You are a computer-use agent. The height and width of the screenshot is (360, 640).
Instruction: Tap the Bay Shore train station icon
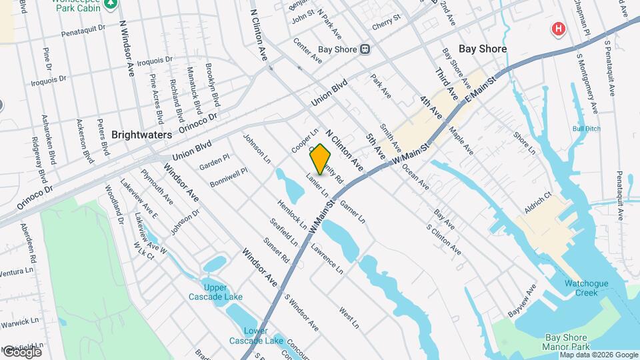(x=365, y=49)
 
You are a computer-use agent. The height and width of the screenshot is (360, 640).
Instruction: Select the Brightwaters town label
(x=142, y=134)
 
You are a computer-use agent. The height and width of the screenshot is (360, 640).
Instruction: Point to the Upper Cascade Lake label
(x=215, y=292)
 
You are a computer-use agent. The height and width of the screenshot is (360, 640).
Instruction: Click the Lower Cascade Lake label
(x=247, y=336)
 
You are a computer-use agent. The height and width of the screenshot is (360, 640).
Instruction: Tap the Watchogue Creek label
(x=587, y=288)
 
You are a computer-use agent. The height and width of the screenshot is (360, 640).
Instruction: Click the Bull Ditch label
(x=587, y=128)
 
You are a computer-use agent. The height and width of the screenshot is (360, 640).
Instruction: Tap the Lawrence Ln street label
(x=327, y=258)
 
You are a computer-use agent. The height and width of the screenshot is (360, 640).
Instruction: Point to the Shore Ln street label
(x=524, y=143)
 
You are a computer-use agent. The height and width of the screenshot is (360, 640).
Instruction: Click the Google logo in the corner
(x=22, y=351)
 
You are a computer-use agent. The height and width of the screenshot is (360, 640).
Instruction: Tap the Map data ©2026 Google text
(x=598, y=355)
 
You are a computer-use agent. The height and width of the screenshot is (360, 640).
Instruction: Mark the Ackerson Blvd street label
(x=84, y=141)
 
